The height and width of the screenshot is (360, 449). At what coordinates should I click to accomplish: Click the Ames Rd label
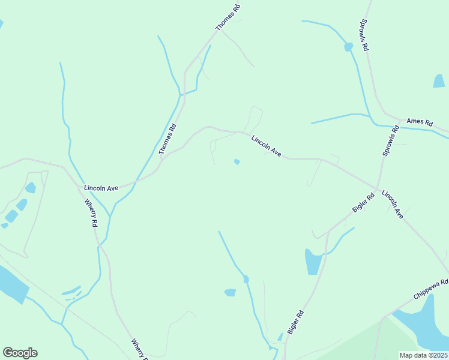[420, 122]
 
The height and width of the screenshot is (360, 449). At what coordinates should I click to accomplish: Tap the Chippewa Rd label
[431, 290]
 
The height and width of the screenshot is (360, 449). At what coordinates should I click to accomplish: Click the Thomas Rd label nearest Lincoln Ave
[169, 139]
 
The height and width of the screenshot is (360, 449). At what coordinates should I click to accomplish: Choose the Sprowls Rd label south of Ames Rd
[391, 141]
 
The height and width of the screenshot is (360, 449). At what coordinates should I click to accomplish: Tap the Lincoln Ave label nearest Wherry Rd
[101, 188]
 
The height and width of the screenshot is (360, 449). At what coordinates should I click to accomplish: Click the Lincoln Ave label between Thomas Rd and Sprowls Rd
[267, 145]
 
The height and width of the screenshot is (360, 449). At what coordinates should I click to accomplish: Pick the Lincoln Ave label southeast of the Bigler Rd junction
[393, 205]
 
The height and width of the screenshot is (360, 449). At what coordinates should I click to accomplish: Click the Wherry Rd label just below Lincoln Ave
[91, 213]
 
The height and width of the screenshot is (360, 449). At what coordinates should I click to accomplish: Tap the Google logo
[20, 353]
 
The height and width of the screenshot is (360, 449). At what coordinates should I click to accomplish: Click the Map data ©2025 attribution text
[423, 355]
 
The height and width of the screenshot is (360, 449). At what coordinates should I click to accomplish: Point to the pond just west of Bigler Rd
[313, 262]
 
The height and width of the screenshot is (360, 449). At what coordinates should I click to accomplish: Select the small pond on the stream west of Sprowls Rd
[348, 47]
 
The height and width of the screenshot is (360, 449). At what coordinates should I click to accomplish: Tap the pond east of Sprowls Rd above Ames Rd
[439, 81]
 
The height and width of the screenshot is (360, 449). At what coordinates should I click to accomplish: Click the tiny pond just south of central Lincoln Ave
[237, 161]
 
